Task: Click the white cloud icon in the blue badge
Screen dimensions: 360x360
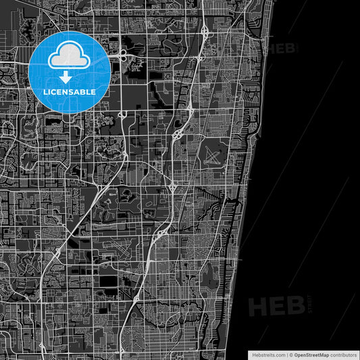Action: point(70,55)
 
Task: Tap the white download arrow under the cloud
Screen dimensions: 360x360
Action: point(70,78)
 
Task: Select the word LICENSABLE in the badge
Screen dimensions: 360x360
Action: point(70,91)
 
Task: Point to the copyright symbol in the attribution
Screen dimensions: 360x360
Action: point(290,355)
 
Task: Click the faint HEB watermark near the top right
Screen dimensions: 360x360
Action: point(284,48)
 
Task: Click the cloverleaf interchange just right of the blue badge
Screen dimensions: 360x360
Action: point(124,56)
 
